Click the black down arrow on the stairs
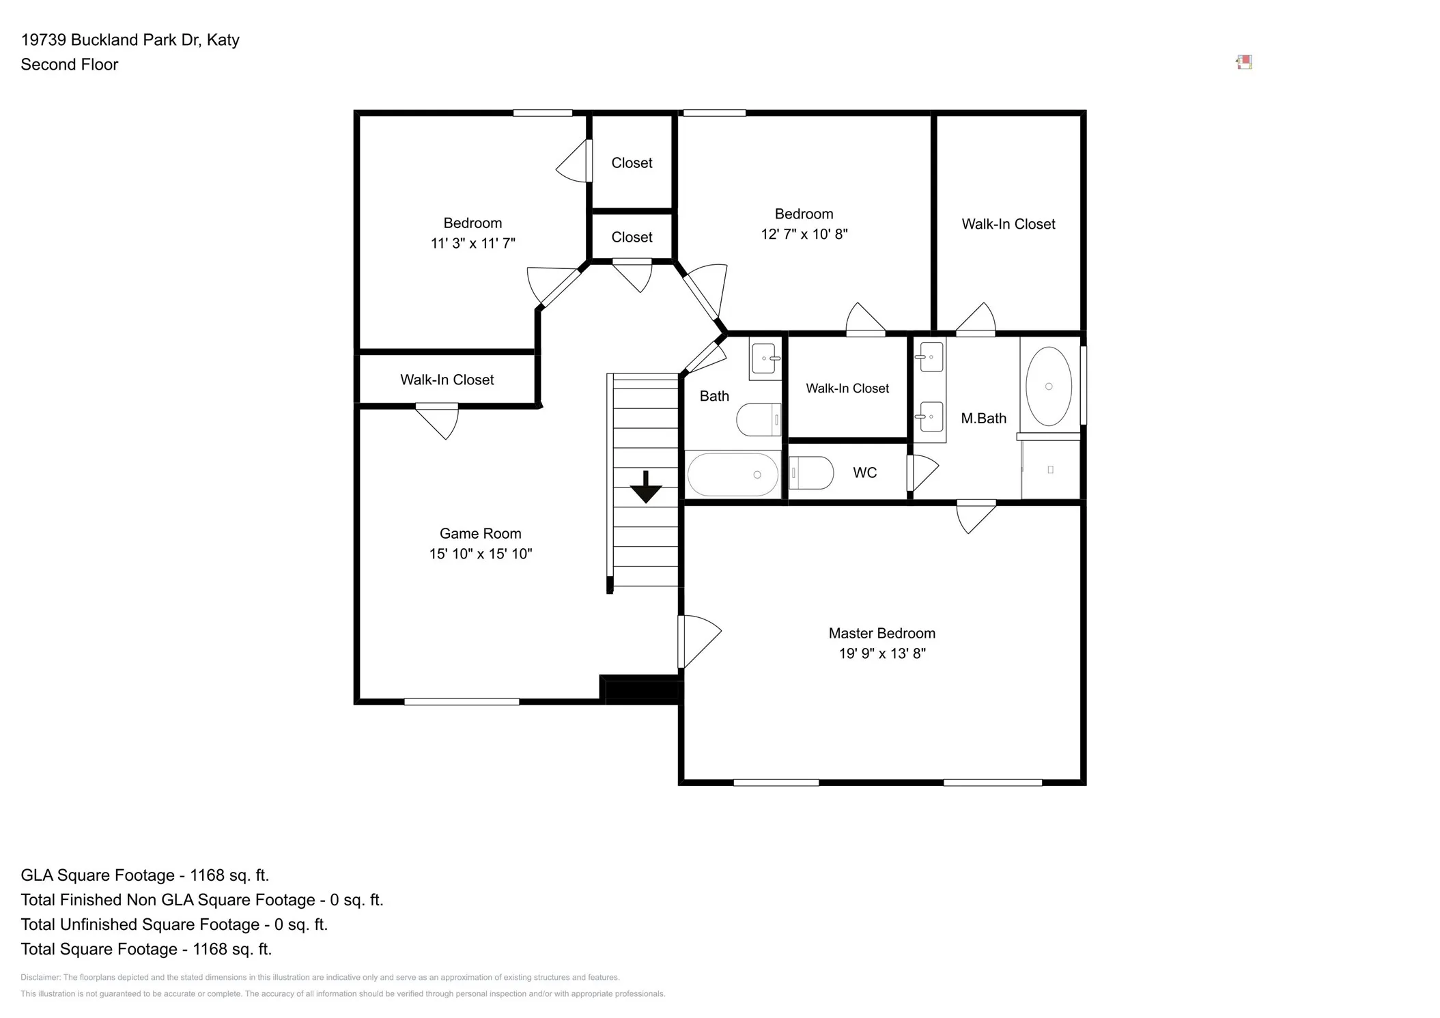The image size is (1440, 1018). (645, 487)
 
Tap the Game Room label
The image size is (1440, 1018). (480, 533)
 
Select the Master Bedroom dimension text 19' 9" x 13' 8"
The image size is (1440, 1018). (882, 653)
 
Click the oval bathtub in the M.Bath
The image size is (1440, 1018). (1049, 386)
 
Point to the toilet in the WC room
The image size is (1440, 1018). (811, 472)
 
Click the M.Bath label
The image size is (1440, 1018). (983, 419)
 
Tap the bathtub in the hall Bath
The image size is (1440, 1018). (733, 475)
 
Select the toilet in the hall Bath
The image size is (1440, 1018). (759, 419)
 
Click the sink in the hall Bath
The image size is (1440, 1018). (765, 358)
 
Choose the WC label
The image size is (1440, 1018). (865, 472)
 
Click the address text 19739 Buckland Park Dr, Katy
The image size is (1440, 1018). (130, 40)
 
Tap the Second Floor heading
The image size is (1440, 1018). (70, 64)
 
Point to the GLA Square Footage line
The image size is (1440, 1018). (145, 875)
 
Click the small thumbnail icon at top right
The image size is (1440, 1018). (1244, 63)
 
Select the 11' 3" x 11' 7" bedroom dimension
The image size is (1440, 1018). (472, 243)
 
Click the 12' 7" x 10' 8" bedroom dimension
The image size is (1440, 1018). (804, 234)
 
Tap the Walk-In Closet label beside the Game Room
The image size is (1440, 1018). (447, 380)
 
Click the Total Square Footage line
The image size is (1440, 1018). (146, 949)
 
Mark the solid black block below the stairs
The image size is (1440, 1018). (642, 690)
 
